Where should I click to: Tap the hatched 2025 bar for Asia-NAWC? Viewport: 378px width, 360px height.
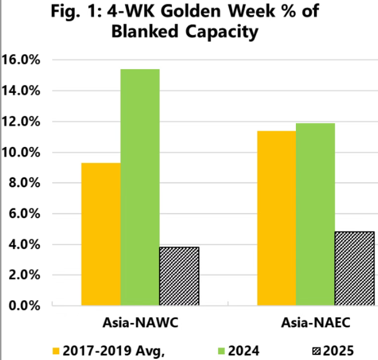point(179,276)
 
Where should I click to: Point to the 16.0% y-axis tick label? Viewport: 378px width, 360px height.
point(23,60)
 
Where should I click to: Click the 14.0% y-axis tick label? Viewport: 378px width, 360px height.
point(23,91)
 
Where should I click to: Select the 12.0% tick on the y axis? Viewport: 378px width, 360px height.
point(23,121)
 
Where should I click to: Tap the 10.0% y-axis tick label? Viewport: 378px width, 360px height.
point(23,152)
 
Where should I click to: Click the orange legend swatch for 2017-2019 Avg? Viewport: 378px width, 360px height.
point(56,351)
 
